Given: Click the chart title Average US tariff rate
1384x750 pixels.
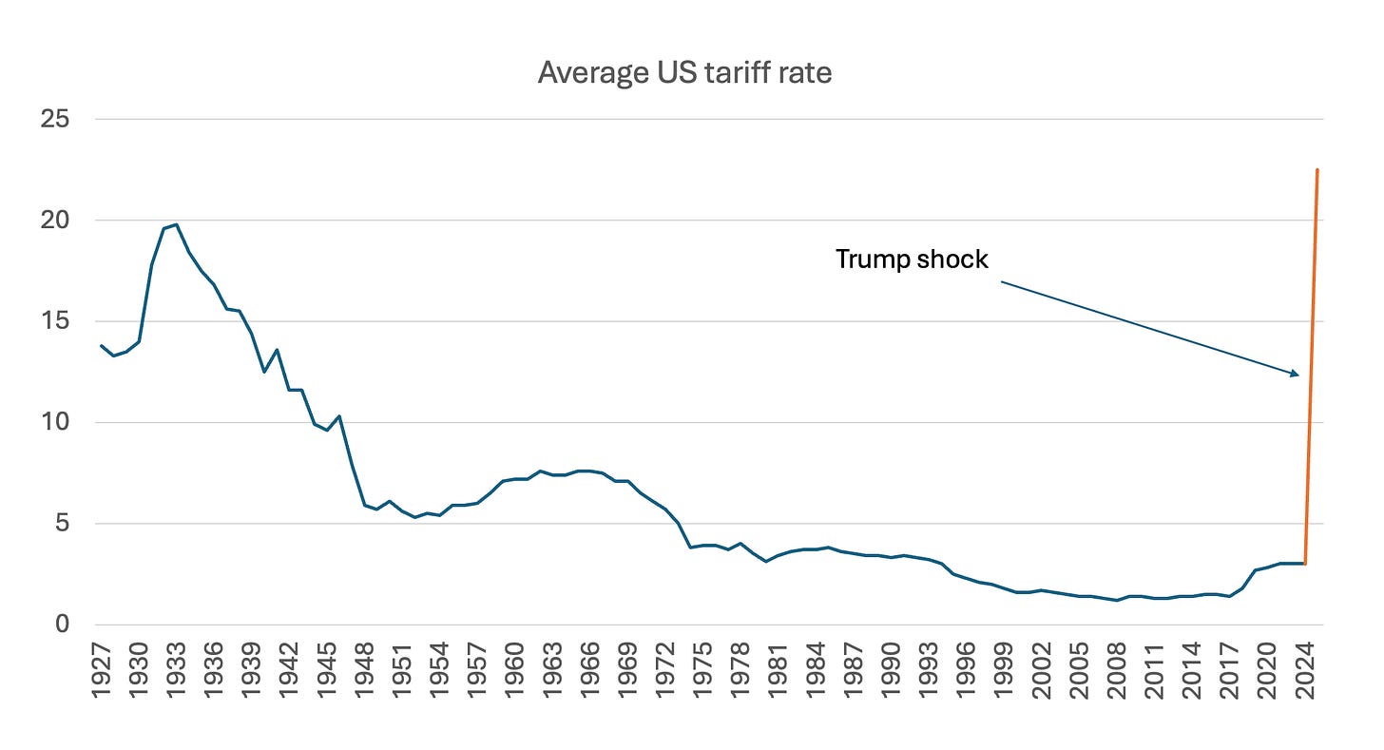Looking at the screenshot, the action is tap(684, 73).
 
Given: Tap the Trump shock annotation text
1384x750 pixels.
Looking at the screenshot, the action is tap(912, 259).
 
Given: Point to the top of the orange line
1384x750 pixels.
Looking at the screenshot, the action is tap(1317, 169).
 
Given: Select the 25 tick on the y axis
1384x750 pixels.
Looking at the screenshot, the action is tap(55, 119).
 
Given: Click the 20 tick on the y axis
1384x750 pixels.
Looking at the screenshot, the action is tap(55, 220).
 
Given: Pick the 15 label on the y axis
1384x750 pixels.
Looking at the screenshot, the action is tap(55, 320).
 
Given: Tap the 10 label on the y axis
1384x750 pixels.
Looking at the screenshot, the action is tap(55, 422).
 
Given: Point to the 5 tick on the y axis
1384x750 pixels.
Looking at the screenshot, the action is tap(63, 523).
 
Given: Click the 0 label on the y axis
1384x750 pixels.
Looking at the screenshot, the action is tap(63, 624).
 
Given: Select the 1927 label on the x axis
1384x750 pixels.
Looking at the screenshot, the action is tap(102, 671).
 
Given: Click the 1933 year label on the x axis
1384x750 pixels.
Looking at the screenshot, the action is tap(177, 671).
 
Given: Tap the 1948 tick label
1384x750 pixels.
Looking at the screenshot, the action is tap(365, 671).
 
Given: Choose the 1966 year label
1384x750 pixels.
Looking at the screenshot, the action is tap(590, 671).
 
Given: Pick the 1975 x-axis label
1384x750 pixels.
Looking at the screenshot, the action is tap(703, 671).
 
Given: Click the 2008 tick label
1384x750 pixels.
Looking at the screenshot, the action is tap(1118, 671).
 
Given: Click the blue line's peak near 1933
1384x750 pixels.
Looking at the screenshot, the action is tap(176, 224).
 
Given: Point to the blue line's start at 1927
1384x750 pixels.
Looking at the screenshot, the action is tap(102, 345).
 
